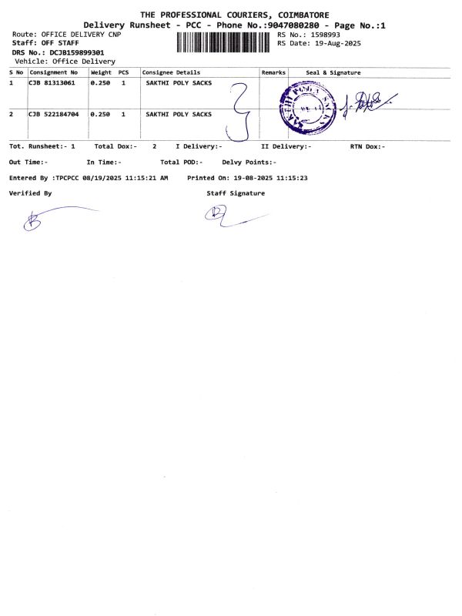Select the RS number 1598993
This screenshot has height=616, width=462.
pos(323,35)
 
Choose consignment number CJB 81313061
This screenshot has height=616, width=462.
pos(52,82)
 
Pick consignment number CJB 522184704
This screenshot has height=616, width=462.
pos(55,114)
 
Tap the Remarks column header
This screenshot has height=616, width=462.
pos(273,72)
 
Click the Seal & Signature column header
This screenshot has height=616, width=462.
pos(333,72)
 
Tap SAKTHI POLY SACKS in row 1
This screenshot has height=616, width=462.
pos(179,82)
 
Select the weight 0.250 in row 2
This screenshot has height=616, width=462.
pos(101,114)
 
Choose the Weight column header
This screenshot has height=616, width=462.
pos(101,72)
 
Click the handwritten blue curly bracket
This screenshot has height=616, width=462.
pos(241,112)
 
